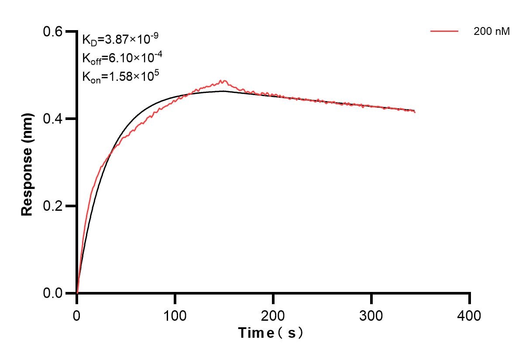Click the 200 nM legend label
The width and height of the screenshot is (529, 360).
[491, 31]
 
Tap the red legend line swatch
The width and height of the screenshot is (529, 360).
[444, 31]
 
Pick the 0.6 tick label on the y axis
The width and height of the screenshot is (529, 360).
[53, 31]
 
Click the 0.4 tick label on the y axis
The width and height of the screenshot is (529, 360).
[53, 119]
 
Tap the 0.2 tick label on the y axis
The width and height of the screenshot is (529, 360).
[53, 206]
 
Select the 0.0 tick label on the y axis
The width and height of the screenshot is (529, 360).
[53, 293]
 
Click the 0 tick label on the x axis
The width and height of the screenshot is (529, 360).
[77, 315]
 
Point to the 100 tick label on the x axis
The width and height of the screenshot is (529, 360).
[175, 315]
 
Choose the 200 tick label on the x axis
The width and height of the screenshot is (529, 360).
[273, 315]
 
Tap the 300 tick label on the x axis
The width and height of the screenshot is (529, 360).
[371, 315]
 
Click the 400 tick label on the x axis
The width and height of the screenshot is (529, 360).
[470, 315]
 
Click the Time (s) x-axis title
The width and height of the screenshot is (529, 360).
[271, 333]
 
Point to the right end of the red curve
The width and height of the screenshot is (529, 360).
[415, 113]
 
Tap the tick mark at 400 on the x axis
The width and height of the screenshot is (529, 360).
[470, 298]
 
